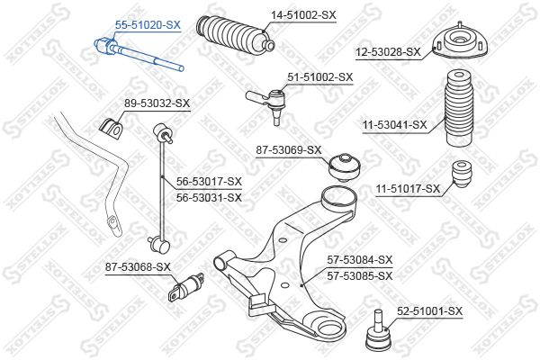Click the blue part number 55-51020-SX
tap(148, 25)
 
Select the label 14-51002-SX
tap(303, 15)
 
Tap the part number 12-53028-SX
tap(388, 52)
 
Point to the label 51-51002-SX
tap(320, 77)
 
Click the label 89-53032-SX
tap(157, 103)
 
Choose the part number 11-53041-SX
tap(394, 125)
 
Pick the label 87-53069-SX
tap(289, 150)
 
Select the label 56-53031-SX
tap(209, 198)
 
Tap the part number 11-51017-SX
tap(408, 189)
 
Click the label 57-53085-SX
tap(360, 276)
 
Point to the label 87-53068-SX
tap(138, 266)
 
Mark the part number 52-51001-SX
tap(429, 311)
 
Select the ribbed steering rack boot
tap(235, 35)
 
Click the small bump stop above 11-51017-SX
tap(463, 174)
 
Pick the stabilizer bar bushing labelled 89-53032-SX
tap(111, 128)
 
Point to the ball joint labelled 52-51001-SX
tap(378, 330)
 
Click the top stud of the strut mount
tap(460, 25)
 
